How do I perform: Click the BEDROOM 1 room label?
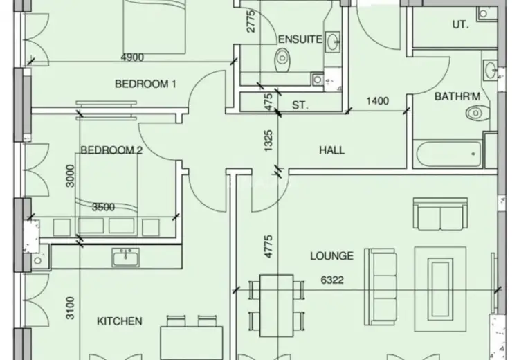pos(145,84)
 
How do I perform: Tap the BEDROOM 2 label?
pos(111,150)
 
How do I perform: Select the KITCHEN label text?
pos(120,321)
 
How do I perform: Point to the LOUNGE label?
pos(331,255)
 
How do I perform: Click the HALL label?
pos(332,150)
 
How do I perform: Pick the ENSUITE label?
pos(300,39)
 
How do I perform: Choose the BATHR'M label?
pos(457,96)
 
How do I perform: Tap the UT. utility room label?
pos(460,24)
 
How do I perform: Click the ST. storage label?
pos(300,105)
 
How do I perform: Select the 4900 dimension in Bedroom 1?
pos(132,57)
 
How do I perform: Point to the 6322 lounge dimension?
pos(332,280)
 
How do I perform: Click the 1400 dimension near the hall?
pos(378,100)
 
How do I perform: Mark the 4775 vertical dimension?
pos(268,246)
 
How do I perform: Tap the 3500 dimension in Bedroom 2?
pos(104,207)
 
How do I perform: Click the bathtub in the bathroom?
pos(449,154)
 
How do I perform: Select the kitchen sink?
pos(125,258)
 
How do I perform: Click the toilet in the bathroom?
pos(477,113)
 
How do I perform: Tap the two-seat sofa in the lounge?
pos(441,214)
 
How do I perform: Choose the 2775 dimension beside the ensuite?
pos(251,21)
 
